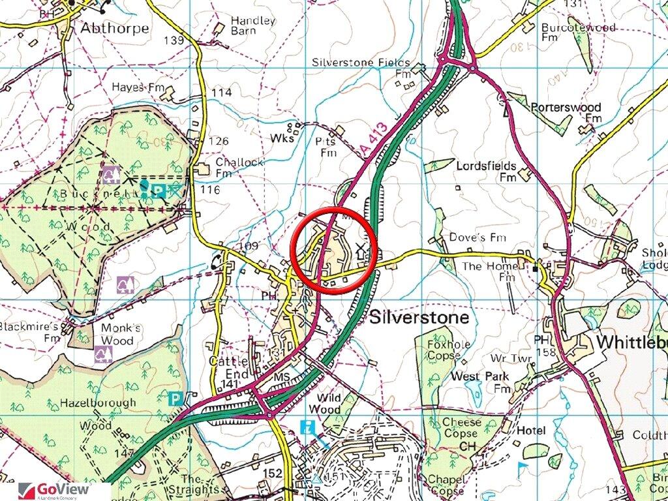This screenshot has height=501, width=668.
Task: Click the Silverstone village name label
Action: (x=419, y=318)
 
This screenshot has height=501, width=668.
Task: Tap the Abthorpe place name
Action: (x=114, y=29)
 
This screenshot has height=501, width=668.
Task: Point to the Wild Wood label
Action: (x=328, y=403)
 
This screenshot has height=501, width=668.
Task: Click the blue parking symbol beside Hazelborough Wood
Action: (x=175, y=398)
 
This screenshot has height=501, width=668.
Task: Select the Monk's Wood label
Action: (x=117, y=335)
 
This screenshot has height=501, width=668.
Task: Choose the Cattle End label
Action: (x=228, y=367)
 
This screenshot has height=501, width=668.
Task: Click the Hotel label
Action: (x=530, y=431)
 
